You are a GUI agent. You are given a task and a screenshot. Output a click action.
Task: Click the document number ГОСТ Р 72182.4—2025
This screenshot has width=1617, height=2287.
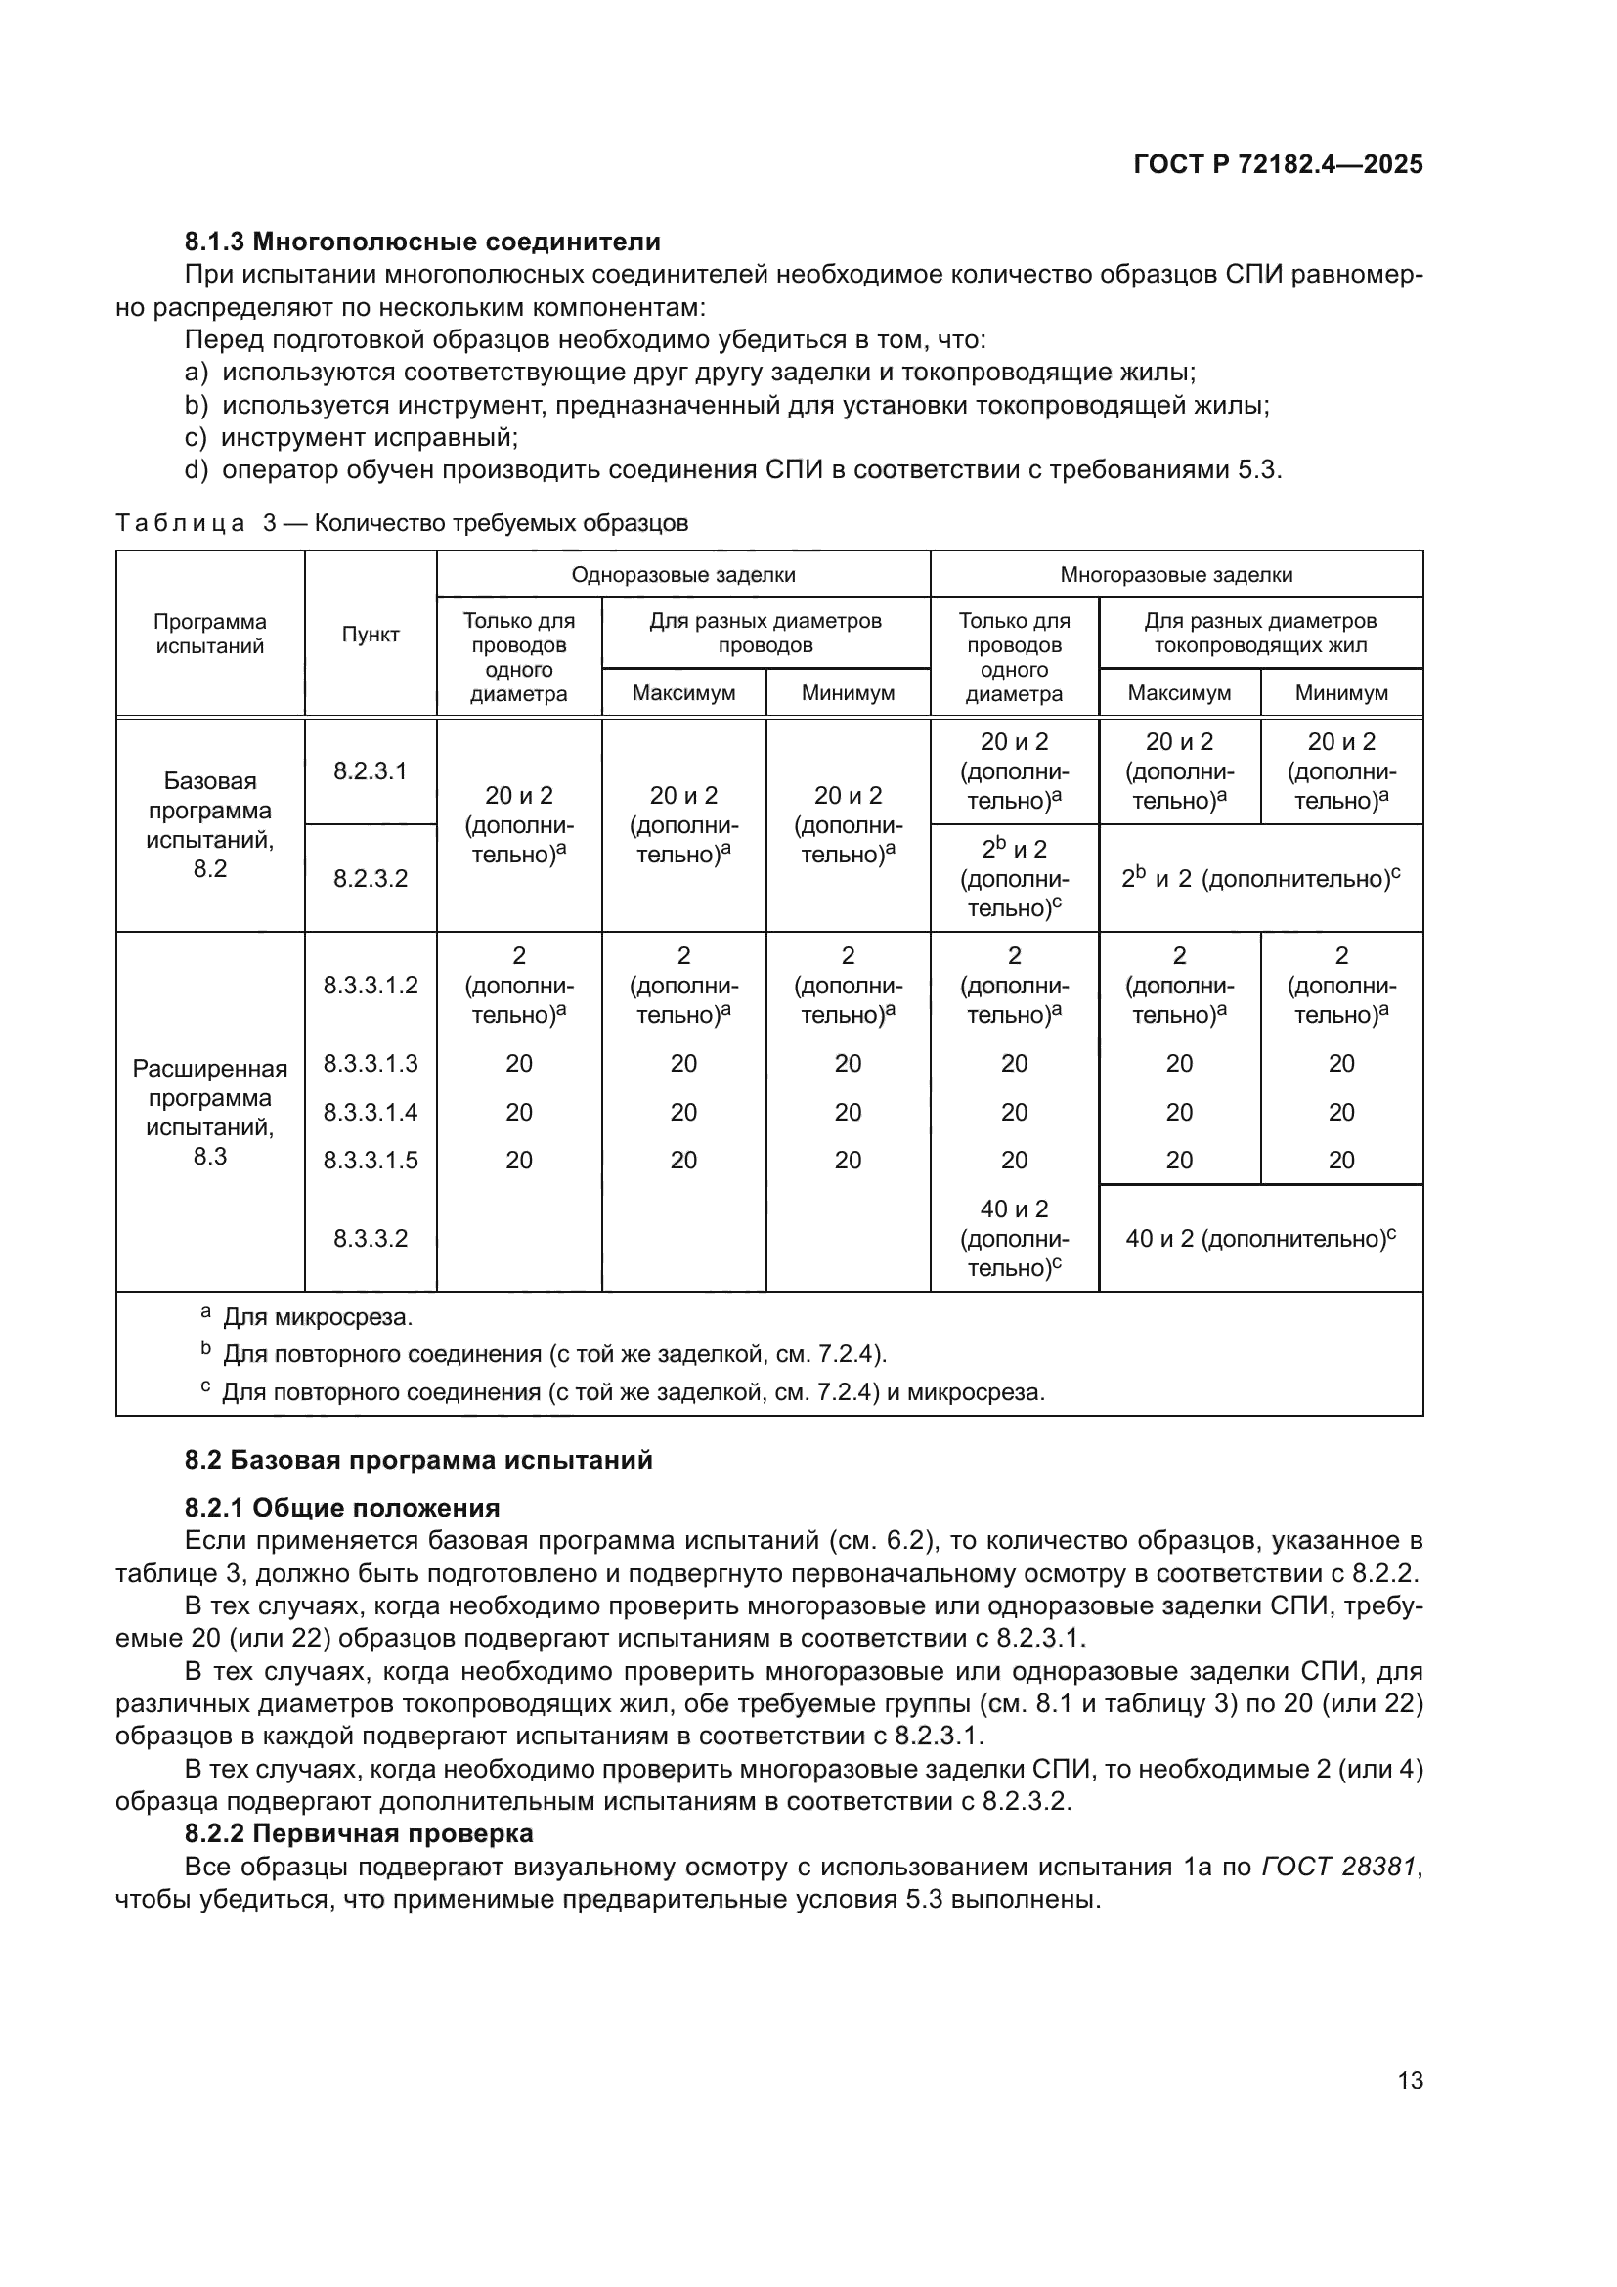click(1278, 164)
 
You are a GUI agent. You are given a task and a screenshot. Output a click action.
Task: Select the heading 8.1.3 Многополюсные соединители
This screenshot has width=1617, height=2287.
click(422, 242)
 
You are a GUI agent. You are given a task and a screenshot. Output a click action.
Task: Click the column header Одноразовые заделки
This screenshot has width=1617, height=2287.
click(683, 575)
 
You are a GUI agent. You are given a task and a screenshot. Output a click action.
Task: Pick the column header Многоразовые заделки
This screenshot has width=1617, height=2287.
click(1176, 575)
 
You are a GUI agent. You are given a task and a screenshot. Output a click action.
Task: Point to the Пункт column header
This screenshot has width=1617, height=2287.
click(371, 635)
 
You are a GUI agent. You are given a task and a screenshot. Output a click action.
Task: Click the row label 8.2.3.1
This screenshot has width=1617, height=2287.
click(371, 770)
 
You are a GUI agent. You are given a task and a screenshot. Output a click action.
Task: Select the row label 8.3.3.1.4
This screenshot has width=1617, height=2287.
click(371, 1112)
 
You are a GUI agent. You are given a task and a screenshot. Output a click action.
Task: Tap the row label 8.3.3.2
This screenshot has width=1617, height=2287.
click(371, 1238)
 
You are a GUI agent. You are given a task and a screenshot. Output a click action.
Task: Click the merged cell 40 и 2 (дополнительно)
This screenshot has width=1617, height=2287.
click(1260, 1238)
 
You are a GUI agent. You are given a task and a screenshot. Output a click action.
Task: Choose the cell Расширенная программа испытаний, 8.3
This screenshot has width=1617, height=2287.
click(210, 1112)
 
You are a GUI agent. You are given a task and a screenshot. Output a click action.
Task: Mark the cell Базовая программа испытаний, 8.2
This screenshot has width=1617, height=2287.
click(210, 825)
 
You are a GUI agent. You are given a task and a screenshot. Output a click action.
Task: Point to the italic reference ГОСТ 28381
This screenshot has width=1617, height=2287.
click(1338, 1867)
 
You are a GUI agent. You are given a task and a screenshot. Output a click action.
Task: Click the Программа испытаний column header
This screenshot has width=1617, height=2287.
click(210, 635)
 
